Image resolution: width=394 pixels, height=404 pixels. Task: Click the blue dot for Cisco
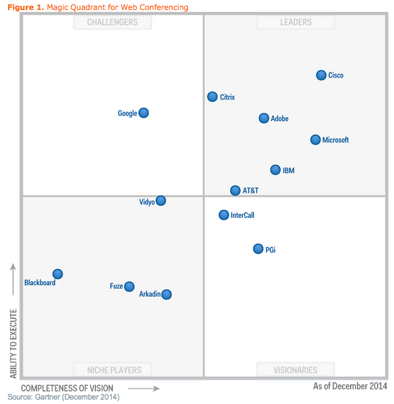point(321,75)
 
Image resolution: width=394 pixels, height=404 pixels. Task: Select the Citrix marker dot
point(213,96)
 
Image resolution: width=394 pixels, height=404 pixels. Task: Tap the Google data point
point(144,113)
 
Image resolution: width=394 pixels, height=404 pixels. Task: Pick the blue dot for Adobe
point(264,118)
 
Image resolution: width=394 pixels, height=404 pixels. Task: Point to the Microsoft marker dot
point(316,140)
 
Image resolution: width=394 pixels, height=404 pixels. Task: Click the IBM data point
point(275,170)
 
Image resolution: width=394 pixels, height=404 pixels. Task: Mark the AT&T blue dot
point(235,190)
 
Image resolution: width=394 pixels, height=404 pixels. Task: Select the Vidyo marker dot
point(161,200)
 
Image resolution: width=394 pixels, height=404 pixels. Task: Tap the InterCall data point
point(224,215)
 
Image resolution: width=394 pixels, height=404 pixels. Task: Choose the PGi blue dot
point(258,249)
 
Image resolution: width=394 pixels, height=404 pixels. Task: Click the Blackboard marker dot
point(58,274)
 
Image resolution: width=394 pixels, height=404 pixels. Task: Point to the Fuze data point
point(129,286)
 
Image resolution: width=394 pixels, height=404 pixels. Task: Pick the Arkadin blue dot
point(166,294)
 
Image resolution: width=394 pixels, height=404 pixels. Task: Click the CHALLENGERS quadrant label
point(112,23)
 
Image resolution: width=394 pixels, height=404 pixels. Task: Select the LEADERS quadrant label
point(295,23)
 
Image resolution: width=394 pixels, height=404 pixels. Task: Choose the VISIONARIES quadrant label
point(295,370)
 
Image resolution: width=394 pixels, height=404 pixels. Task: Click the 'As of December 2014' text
point(350,386)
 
